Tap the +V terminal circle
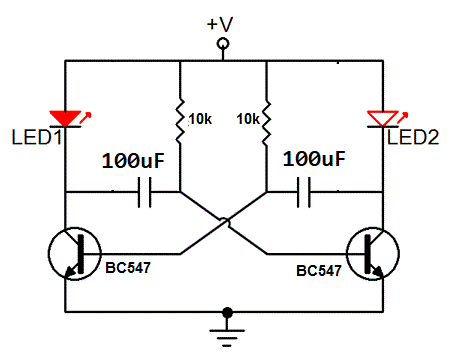[224, 44]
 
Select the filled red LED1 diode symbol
[66, 119]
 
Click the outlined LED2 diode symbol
[382, 119]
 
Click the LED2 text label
[413, 137]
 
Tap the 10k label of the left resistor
[200, 119]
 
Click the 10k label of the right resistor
[248, 119]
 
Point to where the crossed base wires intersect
[224, 221]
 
